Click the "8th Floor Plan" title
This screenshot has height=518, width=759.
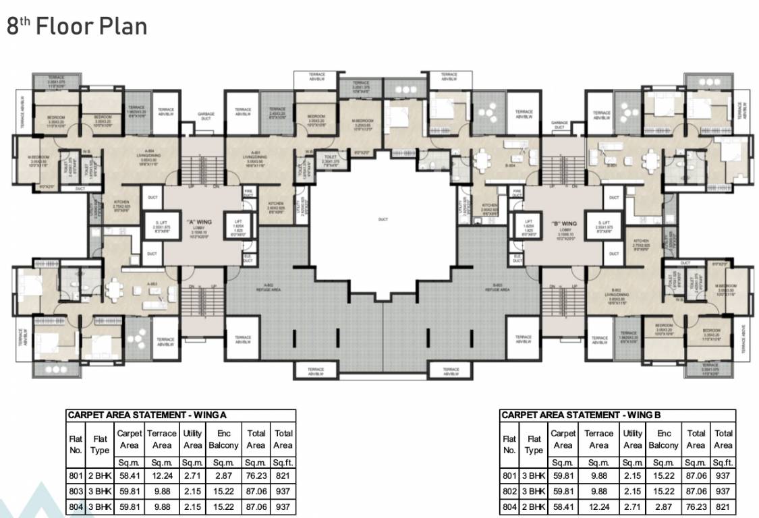[77, 26]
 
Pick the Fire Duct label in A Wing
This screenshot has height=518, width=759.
[248, 194]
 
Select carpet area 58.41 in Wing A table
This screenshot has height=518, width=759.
[129, 476]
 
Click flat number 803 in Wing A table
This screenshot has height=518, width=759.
[76, 491]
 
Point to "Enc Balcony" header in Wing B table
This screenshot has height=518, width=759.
[663, 439]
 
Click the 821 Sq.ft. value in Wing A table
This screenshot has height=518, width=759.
[283, 476]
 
